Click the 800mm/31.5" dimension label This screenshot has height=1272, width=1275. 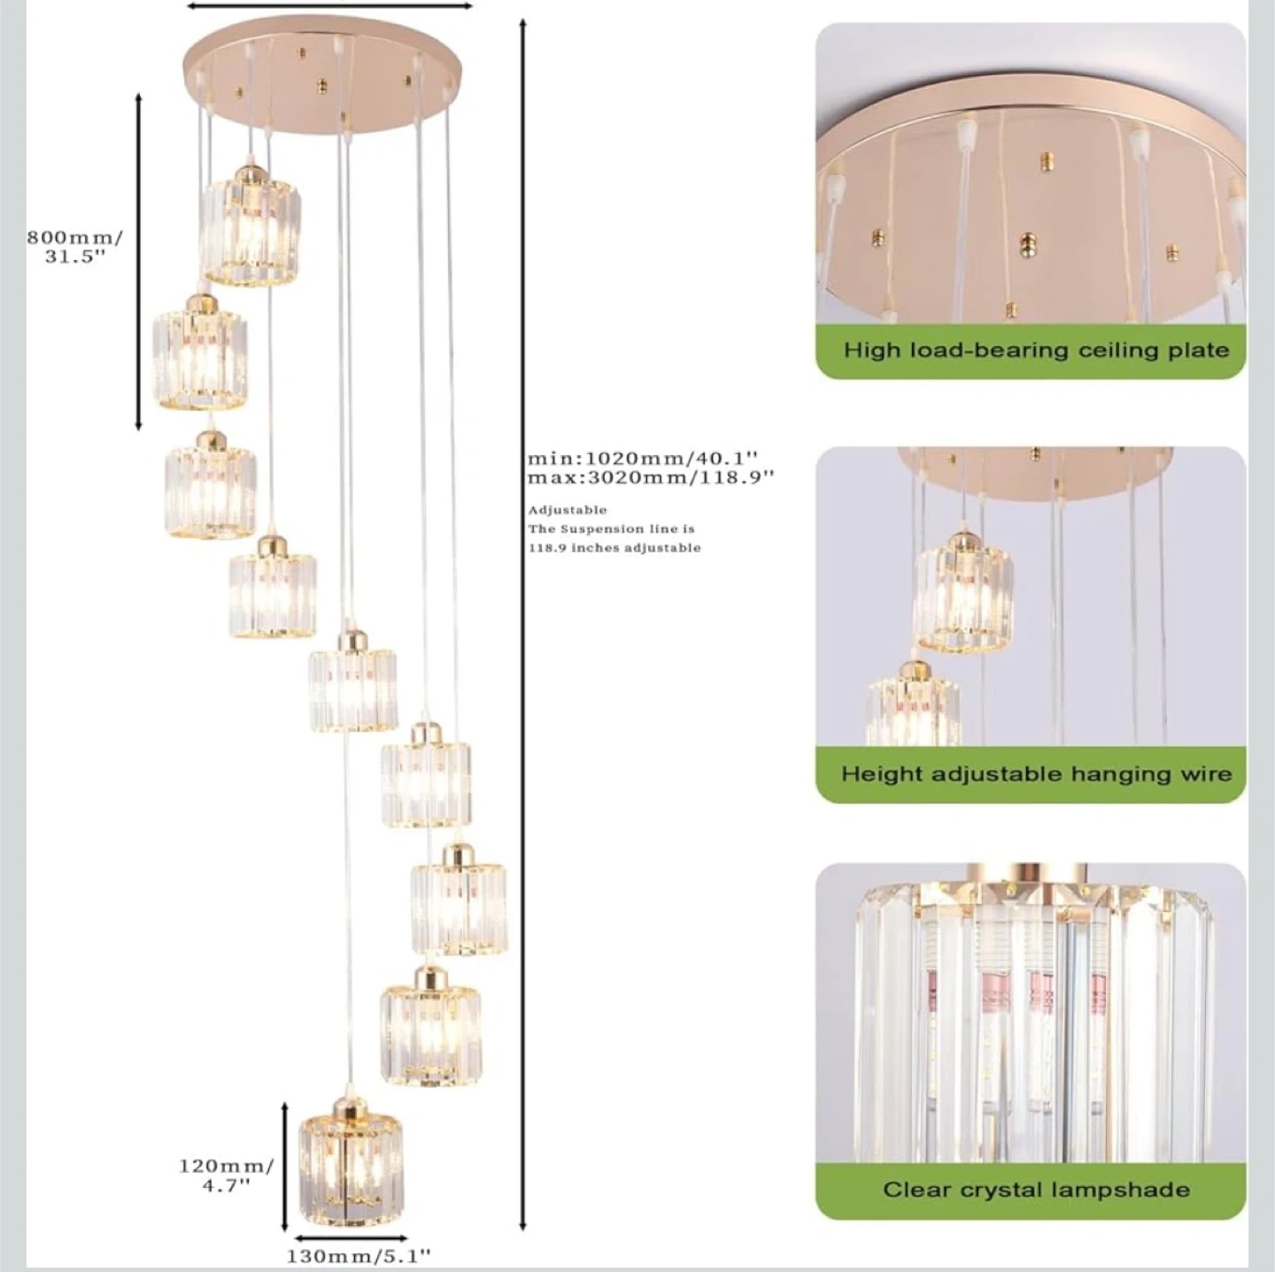(74, 247)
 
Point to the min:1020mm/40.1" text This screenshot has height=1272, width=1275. (642, 458)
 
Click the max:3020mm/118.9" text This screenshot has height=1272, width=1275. (651, 477)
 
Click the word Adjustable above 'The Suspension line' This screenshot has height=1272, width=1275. (567, 510)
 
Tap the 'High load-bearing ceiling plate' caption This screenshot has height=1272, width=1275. (1036, 350)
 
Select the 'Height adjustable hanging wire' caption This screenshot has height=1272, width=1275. (1036, 774)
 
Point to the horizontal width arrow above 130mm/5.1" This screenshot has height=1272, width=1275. (352, 1237)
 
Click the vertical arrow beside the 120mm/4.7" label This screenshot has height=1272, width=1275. (285, 1166)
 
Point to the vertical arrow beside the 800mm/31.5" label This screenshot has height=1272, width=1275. (138, 262)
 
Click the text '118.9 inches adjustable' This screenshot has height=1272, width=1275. (614, 548)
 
